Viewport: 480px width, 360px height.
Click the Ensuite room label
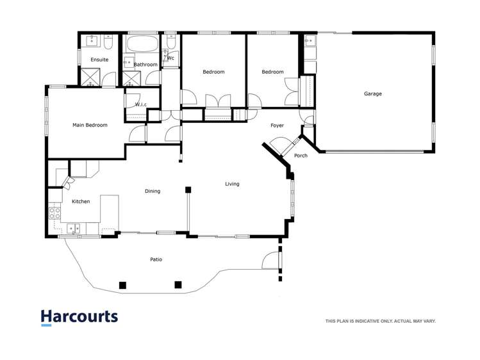99,60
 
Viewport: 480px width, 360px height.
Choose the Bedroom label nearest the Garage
272,72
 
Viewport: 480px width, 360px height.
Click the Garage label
373,94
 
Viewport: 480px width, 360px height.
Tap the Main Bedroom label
90,125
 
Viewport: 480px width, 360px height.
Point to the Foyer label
277,126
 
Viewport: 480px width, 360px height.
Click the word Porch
301,156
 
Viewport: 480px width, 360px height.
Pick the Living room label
232,184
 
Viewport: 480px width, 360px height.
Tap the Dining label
153,191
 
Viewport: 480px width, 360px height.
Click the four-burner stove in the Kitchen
55,212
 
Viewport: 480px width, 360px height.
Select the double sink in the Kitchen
73,227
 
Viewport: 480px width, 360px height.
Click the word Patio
156,259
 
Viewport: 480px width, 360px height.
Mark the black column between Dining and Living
188,190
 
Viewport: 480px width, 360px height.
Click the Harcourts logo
79,317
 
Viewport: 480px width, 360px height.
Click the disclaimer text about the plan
380,321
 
